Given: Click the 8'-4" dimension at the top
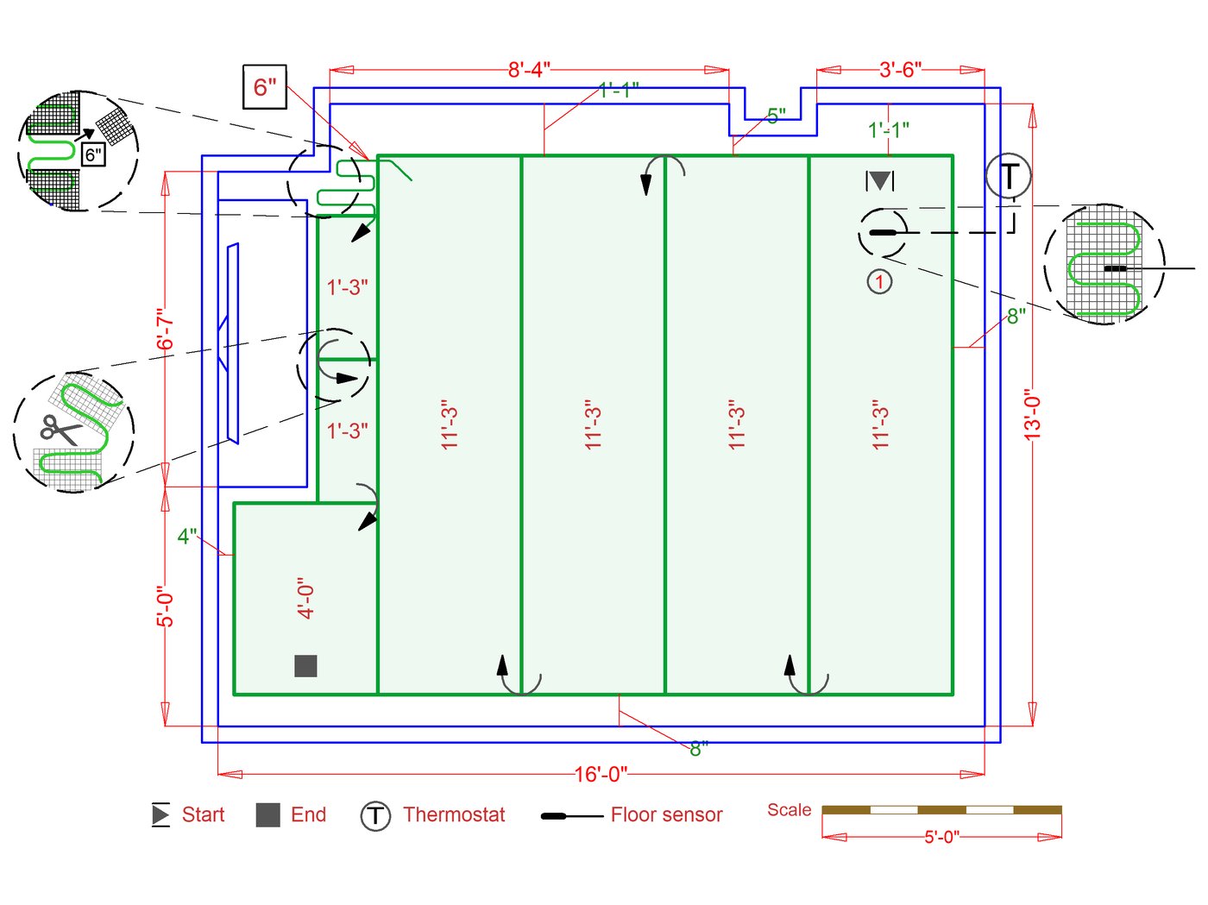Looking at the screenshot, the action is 528,70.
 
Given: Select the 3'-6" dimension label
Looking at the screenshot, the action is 900,70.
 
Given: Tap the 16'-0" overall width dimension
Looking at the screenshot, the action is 601,774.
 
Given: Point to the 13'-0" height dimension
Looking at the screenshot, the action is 1033,414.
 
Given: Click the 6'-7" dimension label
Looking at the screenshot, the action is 165,329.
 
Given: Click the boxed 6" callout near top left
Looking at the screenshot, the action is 265,87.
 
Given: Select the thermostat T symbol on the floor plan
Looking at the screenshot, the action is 1008,176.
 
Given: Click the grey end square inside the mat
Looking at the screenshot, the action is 305,666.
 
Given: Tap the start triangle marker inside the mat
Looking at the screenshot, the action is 879,180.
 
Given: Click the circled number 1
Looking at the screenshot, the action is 879,282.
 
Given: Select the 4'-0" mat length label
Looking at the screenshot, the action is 305,598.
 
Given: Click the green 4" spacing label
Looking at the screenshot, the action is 186,536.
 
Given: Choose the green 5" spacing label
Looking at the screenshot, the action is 776,116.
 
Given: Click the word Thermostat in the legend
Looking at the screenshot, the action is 454,814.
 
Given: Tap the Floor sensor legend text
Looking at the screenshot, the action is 666,814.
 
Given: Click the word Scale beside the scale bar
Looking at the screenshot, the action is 789,810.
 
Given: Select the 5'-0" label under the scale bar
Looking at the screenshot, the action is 941,837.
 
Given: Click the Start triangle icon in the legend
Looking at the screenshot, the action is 160,814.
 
